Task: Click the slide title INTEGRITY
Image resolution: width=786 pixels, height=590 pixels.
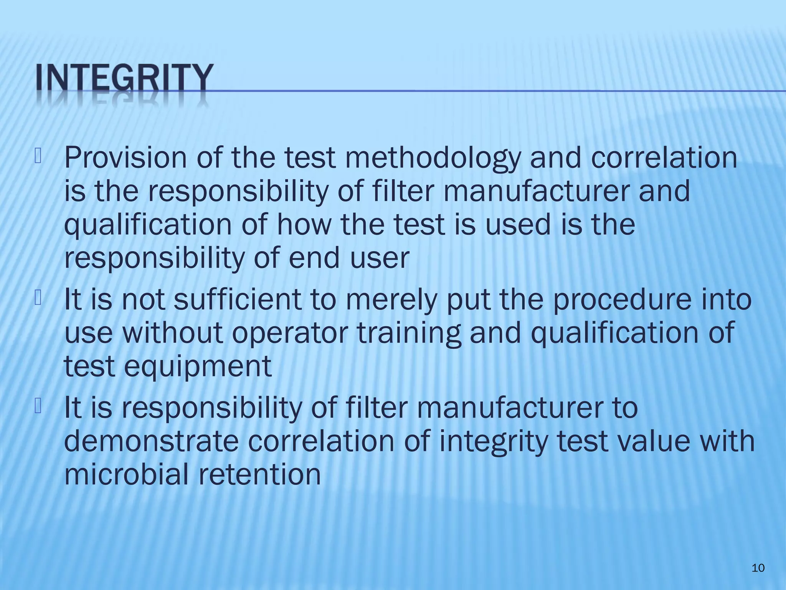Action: [124, 79]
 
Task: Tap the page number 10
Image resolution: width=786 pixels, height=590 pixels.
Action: [758, 568]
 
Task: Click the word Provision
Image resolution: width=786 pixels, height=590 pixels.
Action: [126, 158]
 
